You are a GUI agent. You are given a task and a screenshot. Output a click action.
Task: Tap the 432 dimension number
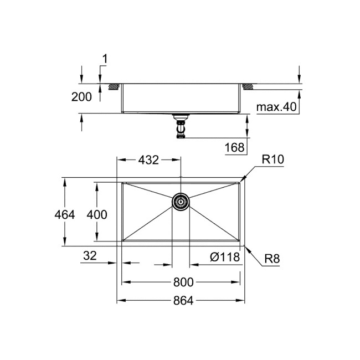click(148, 160)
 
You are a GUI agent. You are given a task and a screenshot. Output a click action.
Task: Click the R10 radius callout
click(272, 160)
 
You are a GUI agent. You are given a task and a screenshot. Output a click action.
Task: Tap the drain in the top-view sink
click(180, 202)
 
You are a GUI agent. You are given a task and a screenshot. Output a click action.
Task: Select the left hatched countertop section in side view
click(115, 86)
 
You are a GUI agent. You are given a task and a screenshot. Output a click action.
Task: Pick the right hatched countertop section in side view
click(247, 86)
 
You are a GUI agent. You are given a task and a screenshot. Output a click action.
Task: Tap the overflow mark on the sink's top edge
click(180, 178)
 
